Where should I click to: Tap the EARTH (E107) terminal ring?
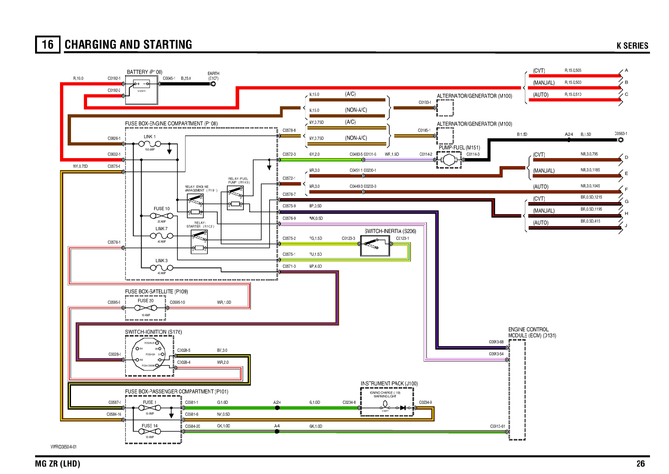point(213,84)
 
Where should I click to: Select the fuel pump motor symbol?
point(449,160)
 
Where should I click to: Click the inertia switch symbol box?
point(375,246)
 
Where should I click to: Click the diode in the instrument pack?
point(403,408)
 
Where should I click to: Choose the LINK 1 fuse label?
point(150,137)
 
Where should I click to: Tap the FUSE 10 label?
point(161,208)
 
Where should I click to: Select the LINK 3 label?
point(161,260)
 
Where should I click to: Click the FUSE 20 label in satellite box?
point(146,301)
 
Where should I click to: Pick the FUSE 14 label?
point(150,426)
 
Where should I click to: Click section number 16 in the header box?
point(48,44)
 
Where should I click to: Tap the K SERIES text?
point(632,46)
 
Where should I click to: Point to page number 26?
point(640,463)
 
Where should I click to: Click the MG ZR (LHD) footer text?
point(57,463)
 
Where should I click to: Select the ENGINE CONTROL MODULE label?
point(532,332)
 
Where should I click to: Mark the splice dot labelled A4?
point(277,431)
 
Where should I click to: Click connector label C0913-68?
point(496,342)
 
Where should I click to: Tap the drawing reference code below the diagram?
point(63,447)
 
